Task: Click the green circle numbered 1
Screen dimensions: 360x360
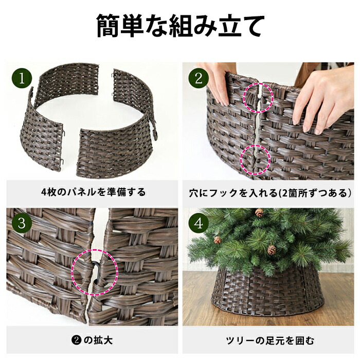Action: pos(22,79)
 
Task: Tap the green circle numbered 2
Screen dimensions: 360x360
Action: pos(199,79)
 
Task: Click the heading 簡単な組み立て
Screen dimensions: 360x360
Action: pos(180,26)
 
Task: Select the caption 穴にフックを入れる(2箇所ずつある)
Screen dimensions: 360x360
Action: pos(270,193)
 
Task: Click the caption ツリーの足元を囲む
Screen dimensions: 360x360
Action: pos(270,340)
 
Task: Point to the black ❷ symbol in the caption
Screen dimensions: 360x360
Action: pos(76,340)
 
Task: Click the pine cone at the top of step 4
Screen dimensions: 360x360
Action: pos(259,213)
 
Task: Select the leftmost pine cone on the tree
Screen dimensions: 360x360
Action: pos(217,240)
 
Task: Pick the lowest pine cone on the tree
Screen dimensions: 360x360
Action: pos(272,250)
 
